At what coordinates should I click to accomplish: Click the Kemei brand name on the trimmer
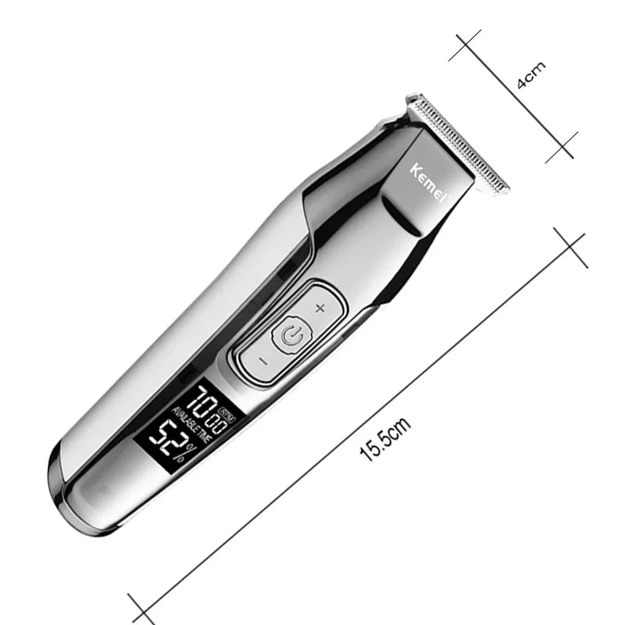click(428, 183)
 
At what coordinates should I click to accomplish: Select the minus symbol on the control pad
click(262, 361)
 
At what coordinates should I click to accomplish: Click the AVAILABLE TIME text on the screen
click(195, 427)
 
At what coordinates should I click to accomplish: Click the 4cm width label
click(532, 77)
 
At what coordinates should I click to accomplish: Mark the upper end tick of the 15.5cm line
click(570, 248)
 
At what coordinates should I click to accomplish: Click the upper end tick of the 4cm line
click(465, 47)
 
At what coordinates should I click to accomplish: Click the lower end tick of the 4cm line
click(561, 147)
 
